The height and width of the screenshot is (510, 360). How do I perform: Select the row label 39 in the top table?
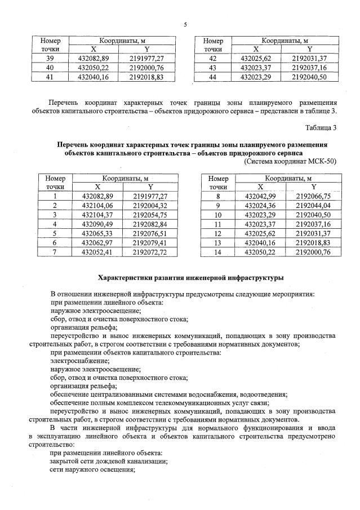click(50, 59)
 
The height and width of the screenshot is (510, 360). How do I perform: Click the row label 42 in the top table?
click(213, 59)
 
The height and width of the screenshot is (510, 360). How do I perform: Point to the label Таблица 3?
click(321, 127)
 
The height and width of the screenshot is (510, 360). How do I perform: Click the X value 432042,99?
click(261, 197)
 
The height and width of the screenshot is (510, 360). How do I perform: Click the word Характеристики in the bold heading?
click(125, 278)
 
